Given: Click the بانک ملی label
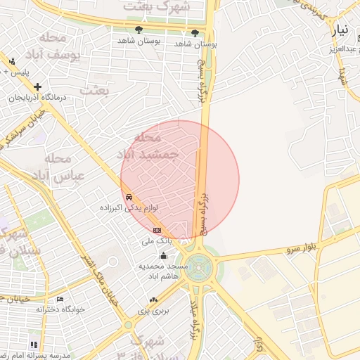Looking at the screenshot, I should point(156,241).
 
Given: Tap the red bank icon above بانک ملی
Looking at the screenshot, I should point(157,231).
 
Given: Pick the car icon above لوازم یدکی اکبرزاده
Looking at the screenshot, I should point(128,198).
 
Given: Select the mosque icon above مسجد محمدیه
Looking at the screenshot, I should point(164,256).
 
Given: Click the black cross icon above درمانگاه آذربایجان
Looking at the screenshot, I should point(37,86).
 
